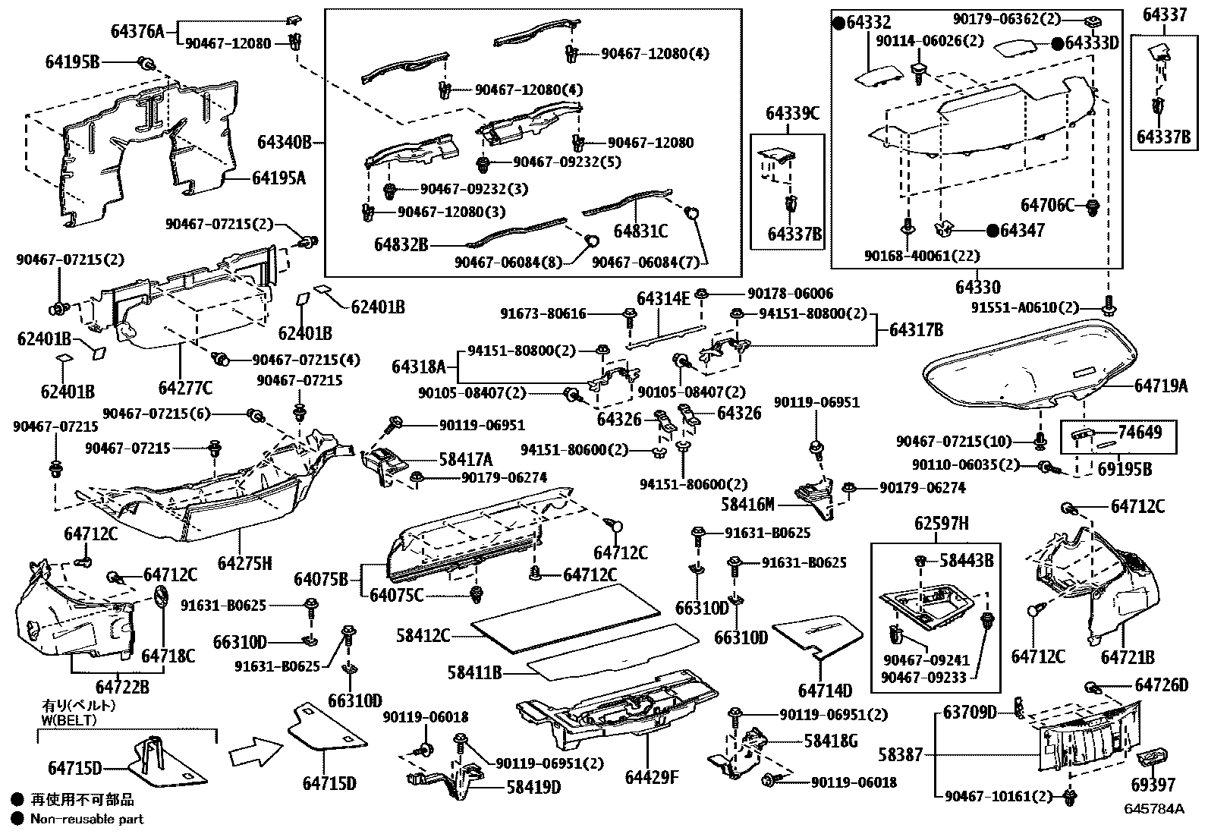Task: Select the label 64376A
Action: [x=137, y=31]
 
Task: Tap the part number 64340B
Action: [x=284, y=142]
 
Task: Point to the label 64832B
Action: [x=401, y=244]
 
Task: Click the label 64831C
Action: [x=640, y=231]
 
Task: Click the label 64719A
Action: [x=1161, y=386]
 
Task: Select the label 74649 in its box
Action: [x=1140, y=432]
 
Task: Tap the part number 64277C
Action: [x=185, y=388]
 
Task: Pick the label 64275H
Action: [x=244, y=563]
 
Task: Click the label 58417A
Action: [x=465, y=459]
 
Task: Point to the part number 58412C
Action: [x=423, y=634]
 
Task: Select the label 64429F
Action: [x=652, y=778]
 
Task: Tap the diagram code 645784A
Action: [x=1155, y=808]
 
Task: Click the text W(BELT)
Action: [x=69, y=719]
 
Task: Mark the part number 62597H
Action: [x=941, y=524]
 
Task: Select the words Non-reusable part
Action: [x=87, y=819]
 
